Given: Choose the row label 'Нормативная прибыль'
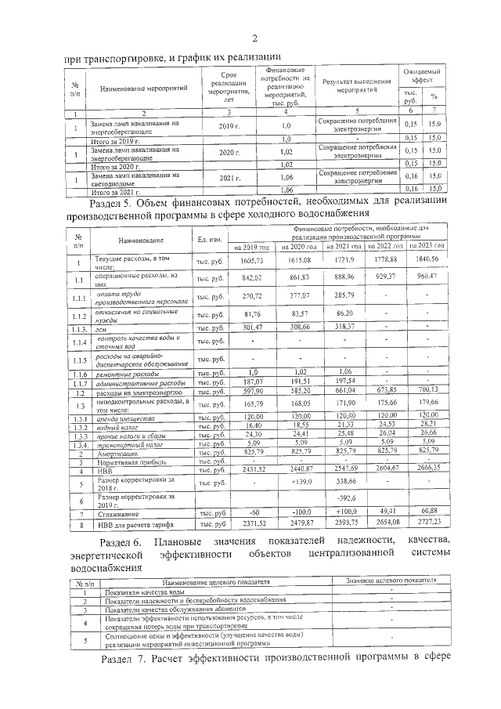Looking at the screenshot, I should [x=130, y=462].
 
